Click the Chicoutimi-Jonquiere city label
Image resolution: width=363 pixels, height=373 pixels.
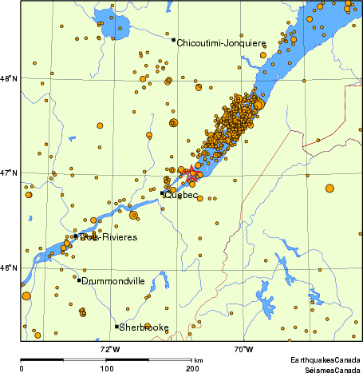click(x=221, y=42)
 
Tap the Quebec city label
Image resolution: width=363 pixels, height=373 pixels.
click(x=181, y=195)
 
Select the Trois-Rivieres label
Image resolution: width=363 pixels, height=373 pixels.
click(x=109, y=237)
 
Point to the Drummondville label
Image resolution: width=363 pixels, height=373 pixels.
click(x=112, y=281)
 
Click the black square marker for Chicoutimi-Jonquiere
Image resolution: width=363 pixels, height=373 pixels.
click(x=173, y=39)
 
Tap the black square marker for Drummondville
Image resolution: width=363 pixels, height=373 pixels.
click(x=79, y=279)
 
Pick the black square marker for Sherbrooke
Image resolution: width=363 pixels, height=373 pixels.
click(x=116, y=326)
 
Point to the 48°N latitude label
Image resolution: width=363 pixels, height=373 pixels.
click(x=10, y=78)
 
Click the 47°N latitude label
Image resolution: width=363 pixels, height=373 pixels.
click(x=10, y=173)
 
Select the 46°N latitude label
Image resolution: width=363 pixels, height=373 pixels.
click(x=10, y=268)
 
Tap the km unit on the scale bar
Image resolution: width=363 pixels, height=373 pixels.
click(x=198, y=361)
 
